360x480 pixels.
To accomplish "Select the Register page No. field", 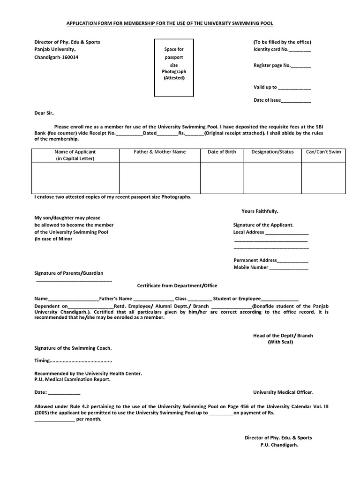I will coord(301,67).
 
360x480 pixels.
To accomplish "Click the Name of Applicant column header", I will coord(75,155).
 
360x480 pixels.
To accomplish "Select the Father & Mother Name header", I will coord(160,152).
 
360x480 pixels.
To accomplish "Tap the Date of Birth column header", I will coord(222,152).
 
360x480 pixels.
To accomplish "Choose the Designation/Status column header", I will coord(272,152).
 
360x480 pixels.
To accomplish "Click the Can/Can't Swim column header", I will coord(323,152).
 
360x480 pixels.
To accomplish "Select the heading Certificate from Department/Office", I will coord(177,285).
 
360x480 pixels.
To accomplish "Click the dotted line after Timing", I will coord(81,361).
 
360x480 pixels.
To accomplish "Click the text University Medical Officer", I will coord(283,392).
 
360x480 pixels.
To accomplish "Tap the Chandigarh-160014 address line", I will coord(57,57).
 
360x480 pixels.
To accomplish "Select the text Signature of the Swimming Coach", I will coord(73,348).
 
